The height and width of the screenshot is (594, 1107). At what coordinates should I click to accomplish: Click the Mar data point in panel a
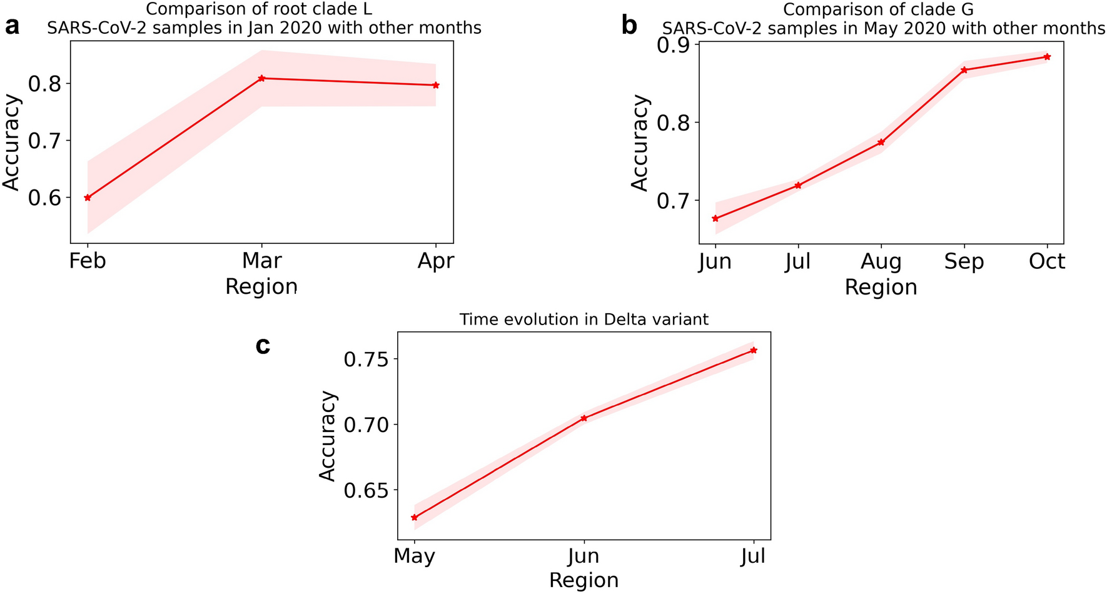coord(262,78)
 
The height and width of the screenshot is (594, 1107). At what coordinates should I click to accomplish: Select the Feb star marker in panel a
coord(88,198)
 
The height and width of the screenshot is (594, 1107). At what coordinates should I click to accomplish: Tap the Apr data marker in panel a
coord(436,85)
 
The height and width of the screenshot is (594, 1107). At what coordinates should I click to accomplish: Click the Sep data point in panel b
coord(964,70)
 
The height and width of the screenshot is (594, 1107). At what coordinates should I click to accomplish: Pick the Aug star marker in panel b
coord(881,142)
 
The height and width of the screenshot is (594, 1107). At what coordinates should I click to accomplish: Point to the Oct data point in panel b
coord(1047,57)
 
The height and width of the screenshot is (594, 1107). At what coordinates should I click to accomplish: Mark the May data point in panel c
coord(414,517)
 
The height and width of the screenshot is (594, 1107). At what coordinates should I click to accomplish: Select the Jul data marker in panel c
coord(754,350)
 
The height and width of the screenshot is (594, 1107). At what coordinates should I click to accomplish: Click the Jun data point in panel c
coord(584,418)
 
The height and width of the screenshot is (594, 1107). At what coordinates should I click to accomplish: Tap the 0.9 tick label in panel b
coord(673,45)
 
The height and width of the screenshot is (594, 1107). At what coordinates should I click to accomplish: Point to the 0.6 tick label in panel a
coord(46,198)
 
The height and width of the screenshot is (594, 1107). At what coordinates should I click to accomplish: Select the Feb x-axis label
coord(88,260)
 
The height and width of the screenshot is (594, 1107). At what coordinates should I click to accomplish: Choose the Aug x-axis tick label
coord(881,261)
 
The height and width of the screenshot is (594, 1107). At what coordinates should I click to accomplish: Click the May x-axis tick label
coord(414,556)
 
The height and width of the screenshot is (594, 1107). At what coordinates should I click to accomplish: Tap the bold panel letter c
coord(263,345)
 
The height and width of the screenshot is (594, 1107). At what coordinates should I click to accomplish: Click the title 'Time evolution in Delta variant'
coord(584,320)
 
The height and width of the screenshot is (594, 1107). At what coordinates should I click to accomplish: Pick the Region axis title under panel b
coord(881,287)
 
